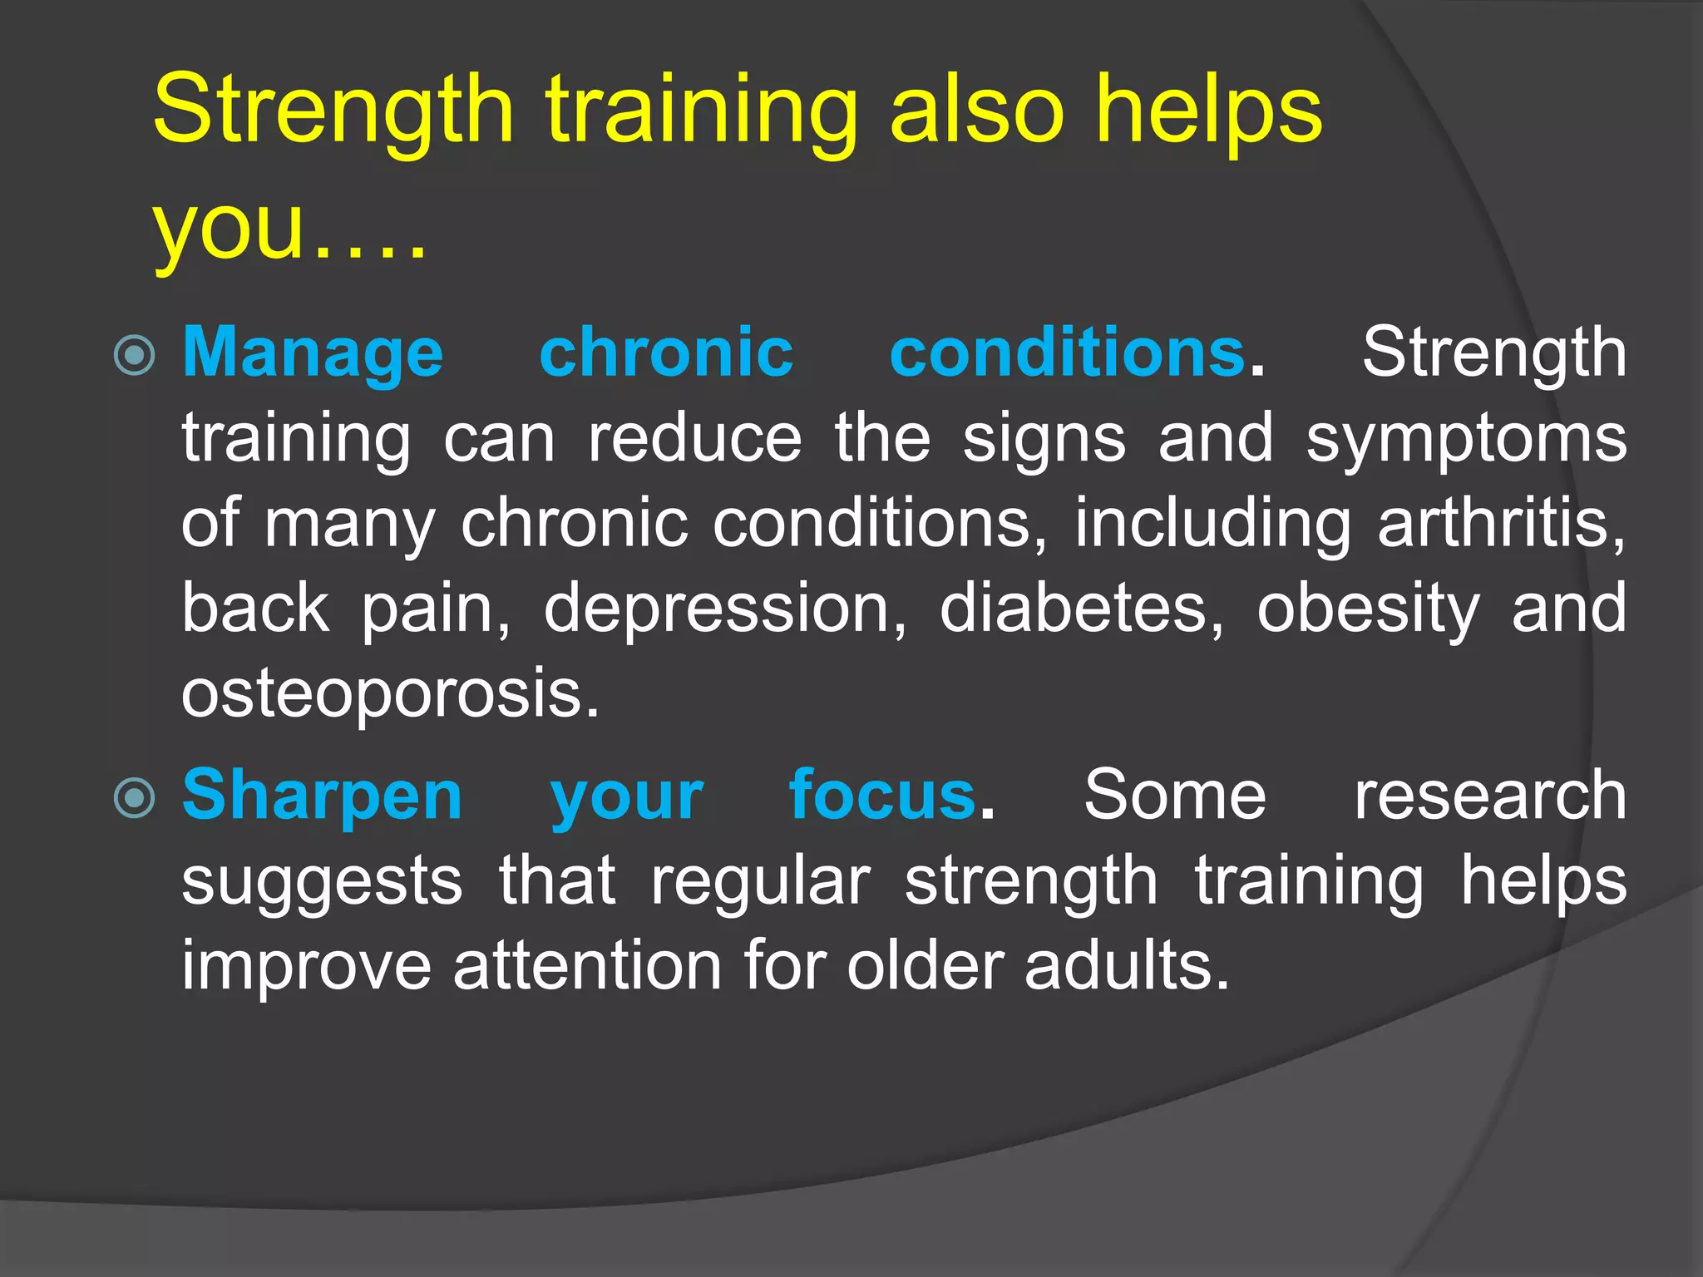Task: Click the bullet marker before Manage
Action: [x=134, y=356]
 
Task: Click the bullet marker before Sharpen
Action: [x=134, y=799]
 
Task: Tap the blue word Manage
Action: [x=313, y=354]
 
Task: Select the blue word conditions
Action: [x=1067, y=353]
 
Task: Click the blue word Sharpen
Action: [x=322, y=796]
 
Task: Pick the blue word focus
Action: [x=882, y=796]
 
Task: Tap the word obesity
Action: [x=1368, y=609]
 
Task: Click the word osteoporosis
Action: [x=388, y=694]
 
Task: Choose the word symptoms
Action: [x=1465, y=440]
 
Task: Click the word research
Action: [x=1489, y=796]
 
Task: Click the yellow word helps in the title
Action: [x=1208, y=112]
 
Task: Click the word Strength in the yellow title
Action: [x=333, y=112]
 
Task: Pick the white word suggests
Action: [x=322, y=883]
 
